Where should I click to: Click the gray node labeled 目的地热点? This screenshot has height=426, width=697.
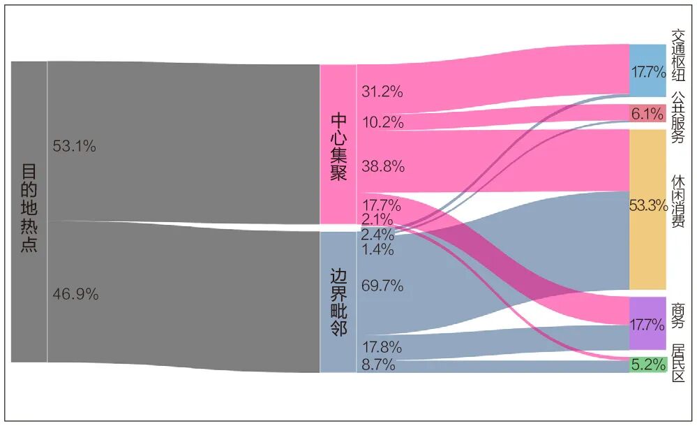[29, 210]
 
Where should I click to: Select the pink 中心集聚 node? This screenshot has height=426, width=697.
[338, 145]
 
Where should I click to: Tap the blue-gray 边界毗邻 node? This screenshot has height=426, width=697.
[338, 301]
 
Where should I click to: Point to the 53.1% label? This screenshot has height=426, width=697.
[74, 147]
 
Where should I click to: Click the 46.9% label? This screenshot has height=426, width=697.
[75, 294]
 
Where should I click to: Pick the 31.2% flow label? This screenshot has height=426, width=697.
[382, 91]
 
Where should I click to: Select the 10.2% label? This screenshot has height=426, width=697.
[382, 122]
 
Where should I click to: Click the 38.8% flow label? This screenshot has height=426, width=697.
[382, 166]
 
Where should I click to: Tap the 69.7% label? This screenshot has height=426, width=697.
[382, 285]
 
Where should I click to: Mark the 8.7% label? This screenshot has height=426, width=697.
[379, 364]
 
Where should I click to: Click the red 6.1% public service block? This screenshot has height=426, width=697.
[647, 113]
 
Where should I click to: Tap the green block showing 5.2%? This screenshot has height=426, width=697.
[647, 365]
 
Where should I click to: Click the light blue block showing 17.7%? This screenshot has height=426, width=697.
[647, 71]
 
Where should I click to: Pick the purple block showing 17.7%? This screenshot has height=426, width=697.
[647, 324]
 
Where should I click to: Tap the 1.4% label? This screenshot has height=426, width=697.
[379, 249]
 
